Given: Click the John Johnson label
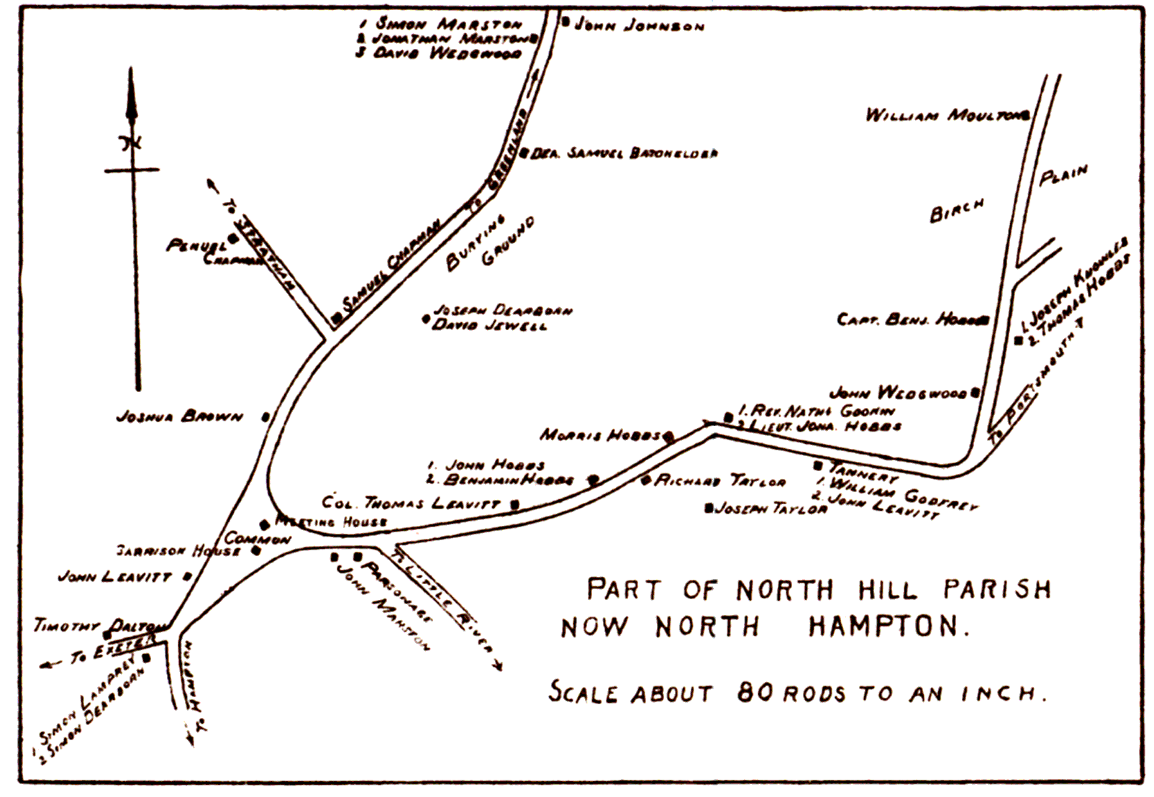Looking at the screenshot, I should (639, 27).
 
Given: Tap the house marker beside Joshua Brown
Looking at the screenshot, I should (265, 416).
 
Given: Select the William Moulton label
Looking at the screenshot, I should (942, 115).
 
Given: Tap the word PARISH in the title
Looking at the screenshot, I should (996, 590).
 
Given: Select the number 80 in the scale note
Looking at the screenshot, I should (755, 693).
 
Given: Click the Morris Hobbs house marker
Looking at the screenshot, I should (668, 436).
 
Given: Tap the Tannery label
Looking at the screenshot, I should (863, 473).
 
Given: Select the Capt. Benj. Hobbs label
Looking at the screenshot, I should (908, 319).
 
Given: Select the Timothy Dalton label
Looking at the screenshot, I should (99, 626).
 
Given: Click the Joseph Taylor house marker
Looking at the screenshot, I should (709, 509).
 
